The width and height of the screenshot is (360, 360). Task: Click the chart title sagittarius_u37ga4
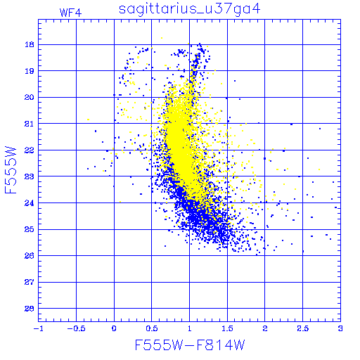tap(190, 9)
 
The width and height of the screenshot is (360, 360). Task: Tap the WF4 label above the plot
tap(70, 13)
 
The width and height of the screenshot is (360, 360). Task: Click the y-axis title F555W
tap(11, 170)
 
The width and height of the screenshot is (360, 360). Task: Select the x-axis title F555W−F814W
tap(190, 345)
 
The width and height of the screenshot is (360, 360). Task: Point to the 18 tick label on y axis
tap(30, 44)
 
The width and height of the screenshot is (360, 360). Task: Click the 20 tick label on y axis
tap(30, 97)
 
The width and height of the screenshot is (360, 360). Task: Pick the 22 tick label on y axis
tap(30, 150)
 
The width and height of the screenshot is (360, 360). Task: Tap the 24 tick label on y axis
tap(30, 203)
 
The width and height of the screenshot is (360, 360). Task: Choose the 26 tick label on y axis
tap(30, 256)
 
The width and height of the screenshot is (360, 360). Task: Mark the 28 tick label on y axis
tap(30, 309)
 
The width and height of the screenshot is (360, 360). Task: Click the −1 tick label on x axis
tap(39, 328)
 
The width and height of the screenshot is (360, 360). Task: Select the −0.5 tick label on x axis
tap(76, 328)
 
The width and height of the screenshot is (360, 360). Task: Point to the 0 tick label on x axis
tap(114, 328)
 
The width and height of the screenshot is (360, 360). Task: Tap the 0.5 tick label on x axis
tap(152, 328)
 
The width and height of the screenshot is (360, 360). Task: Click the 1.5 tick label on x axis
tap(227, 328)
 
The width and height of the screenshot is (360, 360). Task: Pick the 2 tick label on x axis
tap(265, 328)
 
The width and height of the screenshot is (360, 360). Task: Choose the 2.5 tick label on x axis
tap(303, 328)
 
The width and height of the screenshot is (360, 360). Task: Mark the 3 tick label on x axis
tap(340, 328)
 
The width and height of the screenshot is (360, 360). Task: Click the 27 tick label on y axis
tap(30, 282)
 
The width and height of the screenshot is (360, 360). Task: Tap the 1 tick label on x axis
tap(190, 328)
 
